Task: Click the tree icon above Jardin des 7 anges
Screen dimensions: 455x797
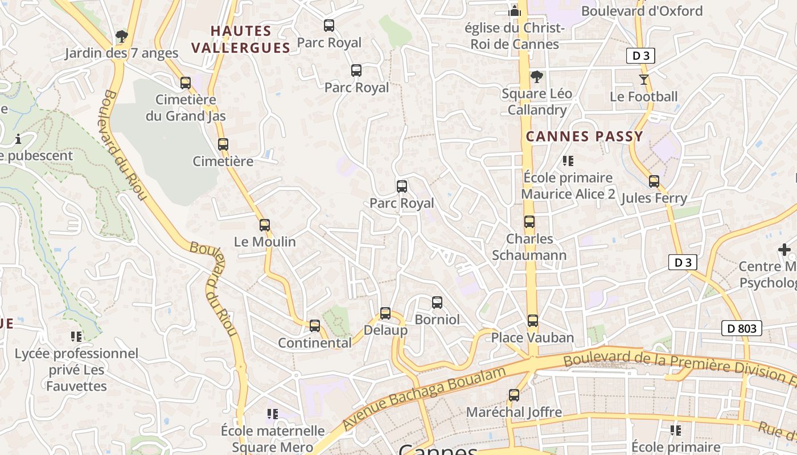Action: tap(121, 36)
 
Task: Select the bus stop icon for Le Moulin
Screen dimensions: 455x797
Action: tap(265, 225)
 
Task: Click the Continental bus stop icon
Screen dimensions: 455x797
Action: tap(315, 326)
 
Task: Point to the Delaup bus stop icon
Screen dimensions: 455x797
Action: tap(385, 313)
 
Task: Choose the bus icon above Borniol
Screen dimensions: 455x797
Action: tap(437, 303)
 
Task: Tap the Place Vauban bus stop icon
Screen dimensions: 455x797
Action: tap(532, 321)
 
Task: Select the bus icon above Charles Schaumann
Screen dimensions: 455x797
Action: tap(529, 222)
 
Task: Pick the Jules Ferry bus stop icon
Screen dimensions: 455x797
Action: tap(654, 181)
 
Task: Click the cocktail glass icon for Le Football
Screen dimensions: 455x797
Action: tap(644, 80)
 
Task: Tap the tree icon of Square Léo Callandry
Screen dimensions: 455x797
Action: tap(536, 76)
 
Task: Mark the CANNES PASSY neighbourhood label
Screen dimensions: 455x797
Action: tap(584, 136)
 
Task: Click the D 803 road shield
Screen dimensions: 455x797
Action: tap(742, 328)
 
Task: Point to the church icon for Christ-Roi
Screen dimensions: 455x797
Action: tap(515, 11)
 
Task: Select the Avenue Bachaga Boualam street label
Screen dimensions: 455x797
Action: tap(424, 398)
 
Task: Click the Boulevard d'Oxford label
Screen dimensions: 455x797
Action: tap(642, 11)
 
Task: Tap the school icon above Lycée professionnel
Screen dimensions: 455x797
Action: tap(76, 337)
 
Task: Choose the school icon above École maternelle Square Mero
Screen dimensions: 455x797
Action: tap(273, 414)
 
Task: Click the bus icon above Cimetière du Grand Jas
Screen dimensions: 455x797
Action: tap(186, 83)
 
